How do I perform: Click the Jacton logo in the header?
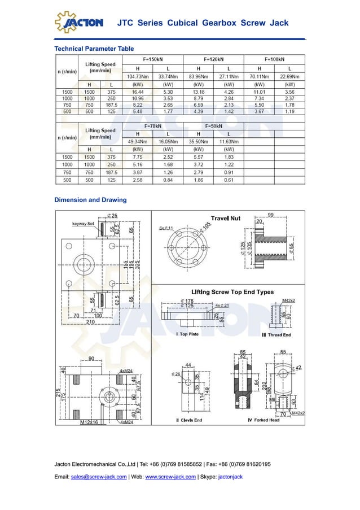[79, 22]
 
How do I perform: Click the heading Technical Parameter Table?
[94, 49]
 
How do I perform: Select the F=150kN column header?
[153, 59]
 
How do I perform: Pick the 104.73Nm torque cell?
[138, 76]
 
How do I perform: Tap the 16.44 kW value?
[138, 91]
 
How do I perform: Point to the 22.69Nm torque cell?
[289, 76]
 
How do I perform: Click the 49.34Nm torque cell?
[138, 142]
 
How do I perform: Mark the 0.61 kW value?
[229, 180]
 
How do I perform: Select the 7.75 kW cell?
[138, 156]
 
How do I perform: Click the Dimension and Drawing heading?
[90, 200]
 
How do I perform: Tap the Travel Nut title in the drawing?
[226, 218]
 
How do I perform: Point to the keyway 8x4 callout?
[84, 224]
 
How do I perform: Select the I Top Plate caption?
[187, 334]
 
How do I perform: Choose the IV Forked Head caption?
[264, 420]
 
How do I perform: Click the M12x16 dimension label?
[89, 421]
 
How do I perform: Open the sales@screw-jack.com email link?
[99, 477]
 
